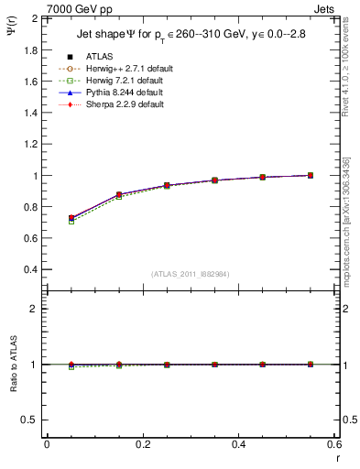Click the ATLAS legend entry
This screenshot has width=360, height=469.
(x=101, y=57)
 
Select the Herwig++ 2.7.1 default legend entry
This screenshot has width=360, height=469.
(x=123, y=69)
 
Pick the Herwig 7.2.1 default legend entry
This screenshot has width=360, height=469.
(x=121, y=81)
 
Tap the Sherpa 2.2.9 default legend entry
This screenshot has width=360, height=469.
(x=120, y=104)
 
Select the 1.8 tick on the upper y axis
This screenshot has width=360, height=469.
(x=31, y=49)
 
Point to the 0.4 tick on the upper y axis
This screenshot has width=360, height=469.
(x=31, y=270)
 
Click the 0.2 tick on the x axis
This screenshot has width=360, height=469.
(x=142, y=443)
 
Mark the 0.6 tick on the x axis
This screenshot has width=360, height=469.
(x=333, y=443)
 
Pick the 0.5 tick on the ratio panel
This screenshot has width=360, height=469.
(x=32, y=420)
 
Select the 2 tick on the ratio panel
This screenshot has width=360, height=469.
(x=35, y=310)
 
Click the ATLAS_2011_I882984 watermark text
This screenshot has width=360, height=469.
(x=190, y=274)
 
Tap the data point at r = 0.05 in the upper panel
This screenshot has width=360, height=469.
(x=71, y=219)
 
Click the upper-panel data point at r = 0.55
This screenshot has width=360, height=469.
(x=311, y=175)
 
